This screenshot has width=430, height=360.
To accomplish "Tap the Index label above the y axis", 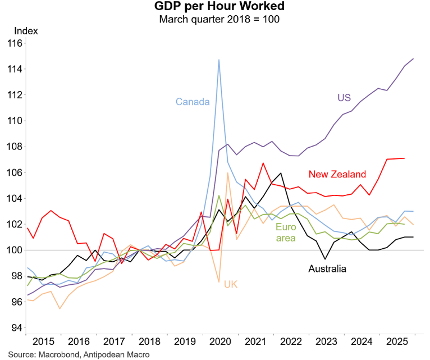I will (x=26, y=31).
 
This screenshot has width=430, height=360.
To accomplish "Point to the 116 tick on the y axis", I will (x=14, y=43).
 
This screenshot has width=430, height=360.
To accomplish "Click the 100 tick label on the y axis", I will (x=14, y=250).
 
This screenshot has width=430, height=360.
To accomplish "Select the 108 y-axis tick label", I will (x=14, y=147).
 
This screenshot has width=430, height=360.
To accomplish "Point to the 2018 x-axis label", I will (x=148, y=342).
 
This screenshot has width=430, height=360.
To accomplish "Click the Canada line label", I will (x=192, y=102).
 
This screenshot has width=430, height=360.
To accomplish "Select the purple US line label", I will (x=344, y=98).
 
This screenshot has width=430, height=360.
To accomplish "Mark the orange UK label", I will (x=230, y=284).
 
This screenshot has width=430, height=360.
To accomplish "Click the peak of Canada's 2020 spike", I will (x=219, y=60).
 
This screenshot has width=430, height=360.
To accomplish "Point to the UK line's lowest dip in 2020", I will (x=219, y=282).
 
